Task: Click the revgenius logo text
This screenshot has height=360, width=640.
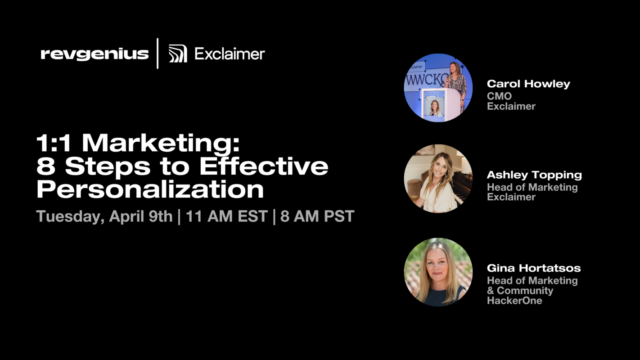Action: [x=95, y=54]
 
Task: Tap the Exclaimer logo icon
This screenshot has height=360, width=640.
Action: [x=177, y=54]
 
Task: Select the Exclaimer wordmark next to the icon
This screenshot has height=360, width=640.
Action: [x=230, y=54]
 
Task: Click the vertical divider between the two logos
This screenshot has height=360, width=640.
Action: [x=158, y=54]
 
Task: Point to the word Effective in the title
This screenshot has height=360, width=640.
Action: [x=264, y=166]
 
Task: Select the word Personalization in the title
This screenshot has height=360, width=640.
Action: [x=150, y=189]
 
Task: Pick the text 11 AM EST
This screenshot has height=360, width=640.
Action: [x=226, y=216]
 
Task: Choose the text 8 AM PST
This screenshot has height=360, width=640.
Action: [x=317, y=216]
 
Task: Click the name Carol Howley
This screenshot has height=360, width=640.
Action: [x=528, y=84]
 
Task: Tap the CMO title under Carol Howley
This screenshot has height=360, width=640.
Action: [x=499, y=96]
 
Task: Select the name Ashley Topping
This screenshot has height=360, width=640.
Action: [x=534, y=175]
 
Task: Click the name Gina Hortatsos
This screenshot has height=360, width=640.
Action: [x=534, y=268]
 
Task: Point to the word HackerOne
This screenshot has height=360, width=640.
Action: [x=514, y=301]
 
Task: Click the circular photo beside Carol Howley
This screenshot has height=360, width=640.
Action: [x=438, y=87]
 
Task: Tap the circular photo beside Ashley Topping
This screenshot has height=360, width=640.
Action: [x=438, y=179]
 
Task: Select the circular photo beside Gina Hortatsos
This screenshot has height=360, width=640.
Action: [x=438, y=272]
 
